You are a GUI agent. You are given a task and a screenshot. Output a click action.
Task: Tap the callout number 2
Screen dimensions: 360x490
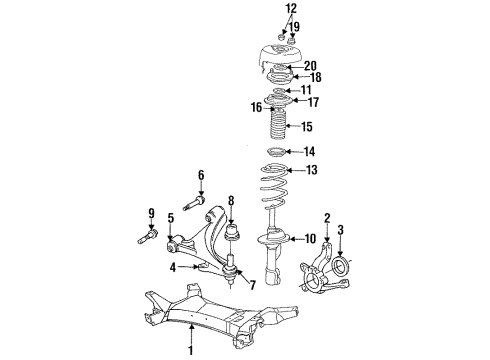(327, 217)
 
